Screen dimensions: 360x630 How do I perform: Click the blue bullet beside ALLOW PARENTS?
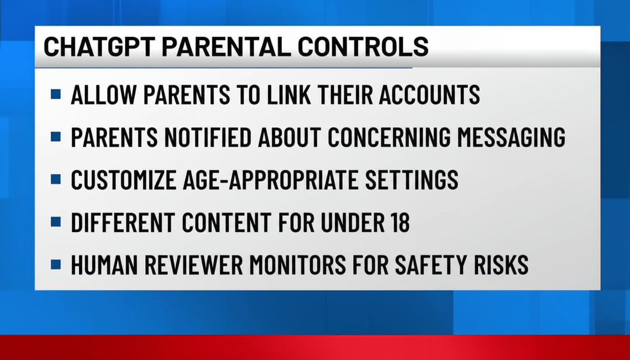click(x=56, y=94)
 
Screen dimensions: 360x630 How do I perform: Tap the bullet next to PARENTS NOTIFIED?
click(x=56, y=136)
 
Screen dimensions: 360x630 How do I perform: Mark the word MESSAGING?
click(x=519, y=137)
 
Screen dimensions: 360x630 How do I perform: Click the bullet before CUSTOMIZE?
click(x=56, y=179)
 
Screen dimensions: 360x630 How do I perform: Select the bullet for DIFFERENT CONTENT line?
click(x=56, y=222)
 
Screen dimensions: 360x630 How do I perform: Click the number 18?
click(x=398, y=222)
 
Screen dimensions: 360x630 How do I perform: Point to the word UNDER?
click(x=349, y=222)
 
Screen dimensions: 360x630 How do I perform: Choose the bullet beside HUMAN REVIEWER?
click(x=56, y=264)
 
